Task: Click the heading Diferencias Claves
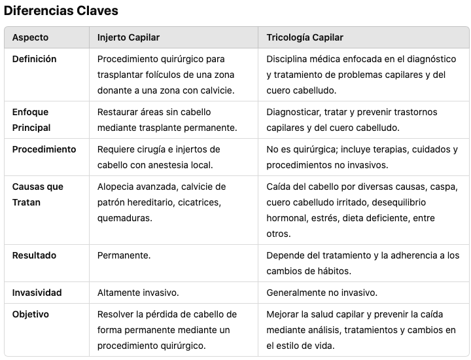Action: click(x=61, y=11)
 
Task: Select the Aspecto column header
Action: click(x=30, y=37)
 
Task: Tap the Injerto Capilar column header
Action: click(x=128, y=37)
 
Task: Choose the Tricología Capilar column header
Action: click(x=305, y=37)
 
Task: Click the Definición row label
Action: click(x=35, y=59)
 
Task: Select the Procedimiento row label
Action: click(x=44, y=149)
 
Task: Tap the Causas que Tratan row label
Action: click(x=37, y=194)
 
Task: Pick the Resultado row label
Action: click(x=34, y=255)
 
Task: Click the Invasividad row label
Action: click(x=37, y=293)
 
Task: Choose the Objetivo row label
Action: click(x=31, y=314)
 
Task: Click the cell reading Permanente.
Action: click(x=124, y=255)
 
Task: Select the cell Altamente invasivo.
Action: click(x=138, y=293)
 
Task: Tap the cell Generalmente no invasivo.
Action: click(x=321, y=293)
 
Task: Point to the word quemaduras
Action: click(x=125, y=218)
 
